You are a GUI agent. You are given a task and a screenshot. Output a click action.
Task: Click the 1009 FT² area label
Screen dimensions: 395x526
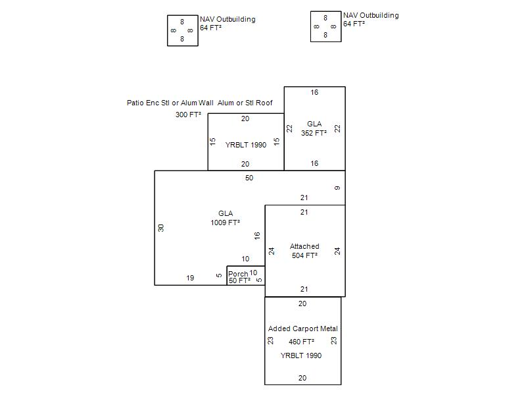(225, 223)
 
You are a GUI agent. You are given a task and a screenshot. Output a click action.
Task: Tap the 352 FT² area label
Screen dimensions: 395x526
(314, 133)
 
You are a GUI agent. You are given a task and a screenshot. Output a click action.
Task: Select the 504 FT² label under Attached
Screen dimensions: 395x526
(304, 255)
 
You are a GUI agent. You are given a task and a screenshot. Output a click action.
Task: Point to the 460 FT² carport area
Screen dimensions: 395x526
(302, 342)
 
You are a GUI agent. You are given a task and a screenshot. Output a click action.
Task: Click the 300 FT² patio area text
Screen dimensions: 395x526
(189, 115)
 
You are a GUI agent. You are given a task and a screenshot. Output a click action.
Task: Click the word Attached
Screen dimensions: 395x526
(304, 247)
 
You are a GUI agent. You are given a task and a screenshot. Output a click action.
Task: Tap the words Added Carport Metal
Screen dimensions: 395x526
(303, 329)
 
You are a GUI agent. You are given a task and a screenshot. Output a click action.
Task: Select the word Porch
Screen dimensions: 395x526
(238, 274)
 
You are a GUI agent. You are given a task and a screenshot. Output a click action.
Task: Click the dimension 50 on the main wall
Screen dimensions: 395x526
(249, 178)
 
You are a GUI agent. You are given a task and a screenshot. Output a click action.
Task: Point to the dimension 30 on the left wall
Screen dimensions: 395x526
(161, 228)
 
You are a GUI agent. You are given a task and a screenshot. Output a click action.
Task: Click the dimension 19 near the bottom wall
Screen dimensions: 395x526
(190, 278)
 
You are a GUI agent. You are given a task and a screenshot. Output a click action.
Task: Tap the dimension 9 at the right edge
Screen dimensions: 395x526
(337, 188)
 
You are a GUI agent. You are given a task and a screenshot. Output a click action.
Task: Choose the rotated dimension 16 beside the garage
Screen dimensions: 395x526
(258, 235)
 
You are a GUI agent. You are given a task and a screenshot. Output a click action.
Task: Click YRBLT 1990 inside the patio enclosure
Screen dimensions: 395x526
(246, 145)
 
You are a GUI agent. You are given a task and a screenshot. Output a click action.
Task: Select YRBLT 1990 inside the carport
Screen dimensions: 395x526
(301, 355)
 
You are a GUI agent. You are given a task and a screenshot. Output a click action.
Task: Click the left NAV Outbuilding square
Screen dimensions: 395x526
(182, 30)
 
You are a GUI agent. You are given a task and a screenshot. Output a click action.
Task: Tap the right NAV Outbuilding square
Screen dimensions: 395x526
(325, 26)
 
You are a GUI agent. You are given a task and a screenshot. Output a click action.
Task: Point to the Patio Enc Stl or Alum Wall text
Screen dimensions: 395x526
(170, 103)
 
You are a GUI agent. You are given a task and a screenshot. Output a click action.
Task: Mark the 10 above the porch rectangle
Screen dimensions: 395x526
(245, 259)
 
